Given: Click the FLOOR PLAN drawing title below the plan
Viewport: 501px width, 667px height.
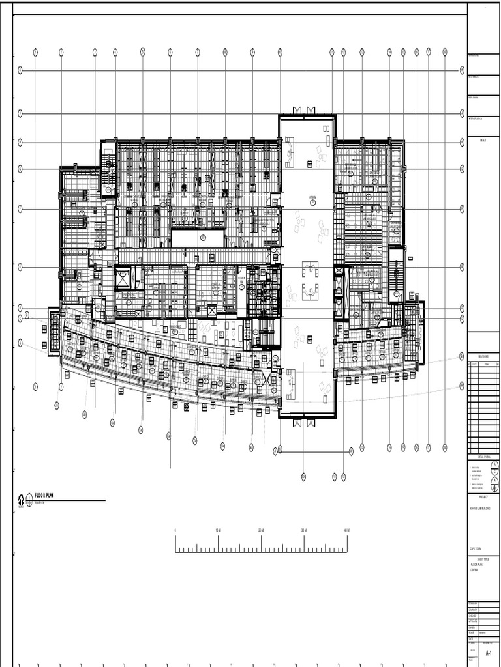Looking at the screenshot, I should pos(45,496).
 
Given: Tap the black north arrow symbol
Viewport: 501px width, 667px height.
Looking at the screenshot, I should pos(21,500).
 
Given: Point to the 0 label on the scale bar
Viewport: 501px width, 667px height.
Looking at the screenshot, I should pos(175,530).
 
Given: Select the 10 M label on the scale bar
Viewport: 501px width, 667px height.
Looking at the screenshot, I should pos(218,530).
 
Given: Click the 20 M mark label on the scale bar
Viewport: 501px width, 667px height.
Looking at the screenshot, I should pos(261,530).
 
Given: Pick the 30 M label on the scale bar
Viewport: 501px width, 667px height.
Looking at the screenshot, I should pos(304,530).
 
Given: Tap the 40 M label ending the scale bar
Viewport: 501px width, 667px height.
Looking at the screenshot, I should pos(347,530).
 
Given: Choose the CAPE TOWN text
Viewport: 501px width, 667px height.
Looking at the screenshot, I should pos(474,548).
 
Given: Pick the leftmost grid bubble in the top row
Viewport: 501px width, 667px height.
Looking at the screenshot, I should pos(35,52).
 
